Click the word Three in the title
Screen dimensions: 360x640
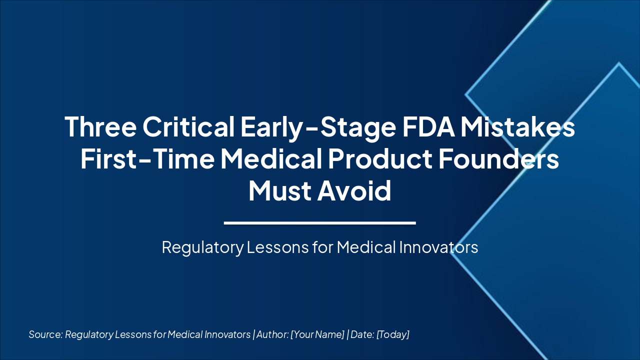tap(100, 127)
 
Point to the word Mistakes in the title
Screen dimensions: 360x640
tap(517, 127)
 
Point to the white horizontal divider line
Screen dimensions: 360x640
tap(320, 223)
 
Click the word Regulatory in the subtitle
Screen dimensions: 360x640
tap(202, 247)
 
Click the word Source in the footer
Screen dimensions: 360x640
tap(45, 334)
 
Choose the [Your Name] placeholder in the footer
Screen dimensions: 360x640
tap(317, 334)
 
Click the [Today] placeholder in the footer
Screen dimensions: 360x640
tap(393, 334)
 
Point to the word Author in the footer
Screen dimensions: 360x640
tap(271, 334)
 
